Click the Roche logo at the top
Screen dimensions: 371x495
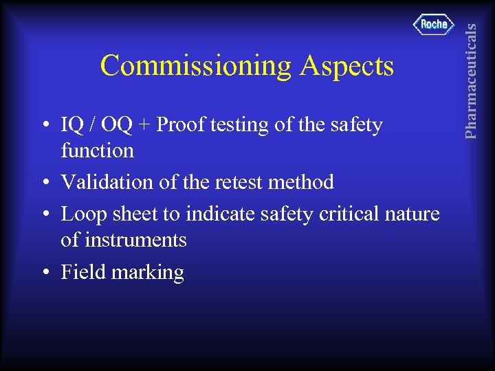(x=434, y=25)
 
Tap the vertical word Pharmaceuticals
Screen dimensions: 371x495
(x=470, y=80)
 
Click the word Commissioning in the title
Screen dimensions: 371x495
(x=196, y=66)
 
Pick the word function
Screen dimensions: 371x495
(x=97, y=150)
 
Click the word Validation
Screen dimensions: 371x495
(x=105, y=182)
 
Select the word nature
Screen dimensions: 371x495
(x=412, y=214)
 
